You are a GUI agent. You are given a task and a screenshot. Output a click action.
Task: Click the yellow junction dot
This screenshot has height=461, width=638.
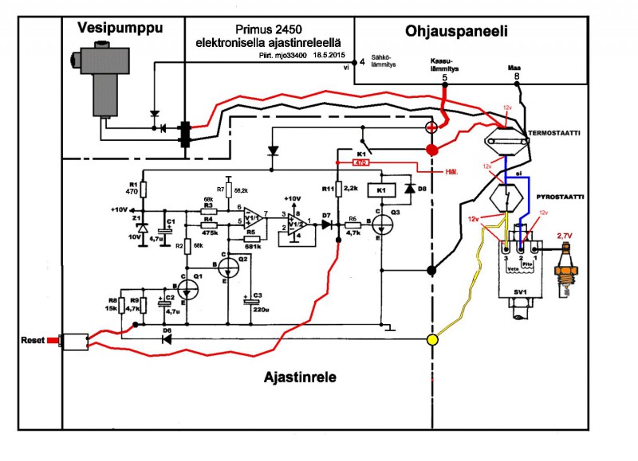[x=433, y=341]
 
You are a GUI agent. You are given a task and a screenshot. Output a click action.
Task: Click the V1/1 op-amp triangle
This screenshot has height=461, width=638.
[x=254, y=218]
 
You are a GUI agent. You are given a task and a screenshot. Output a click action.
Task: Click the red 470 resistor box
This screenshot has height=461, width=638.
[x=359, y=162]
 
